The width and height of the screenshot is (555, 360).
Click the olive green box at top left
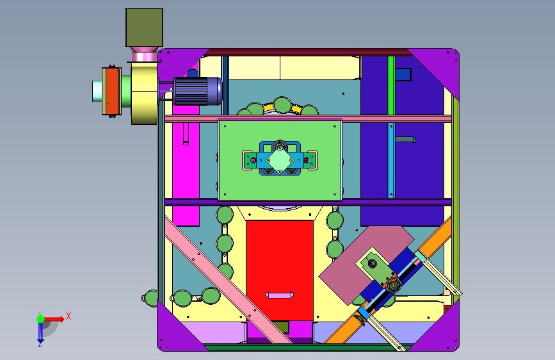click(143, 28)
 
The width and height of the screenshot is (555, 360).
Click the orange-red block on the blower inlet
click(112, 91)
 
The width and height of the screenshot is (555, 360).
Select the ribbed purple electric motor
click(198, 91)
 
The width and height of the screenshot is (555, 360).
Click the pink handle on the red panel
click(280, 295)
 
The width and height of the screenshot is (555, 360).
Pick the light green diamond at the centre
click(280, 161)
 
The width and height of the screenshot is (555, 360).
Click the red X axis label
click(68, 316)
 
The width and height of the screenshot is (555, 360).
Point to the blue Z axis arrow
click(40, 332)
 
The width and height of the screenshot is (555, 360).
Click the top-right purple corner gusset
click(439, 68)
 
